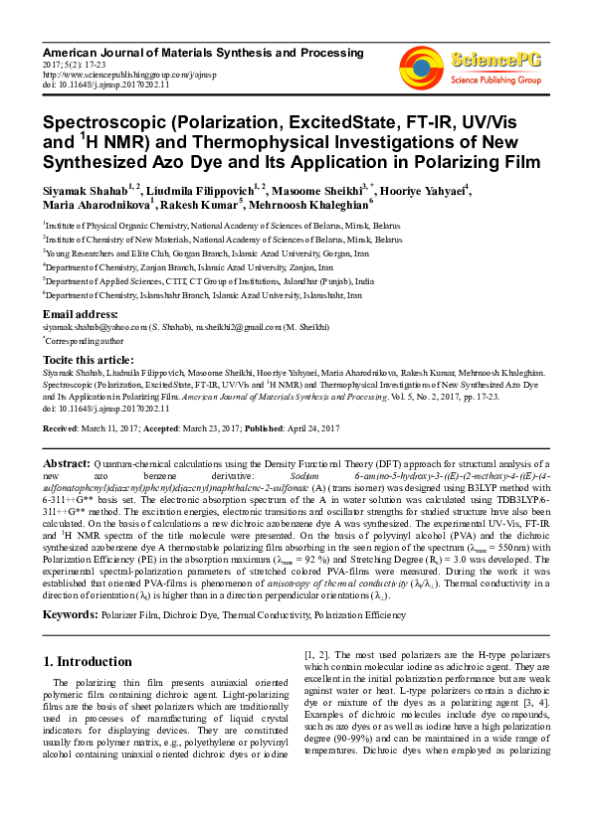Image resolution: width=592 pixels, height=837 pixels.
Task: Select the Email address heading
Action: [83, 314]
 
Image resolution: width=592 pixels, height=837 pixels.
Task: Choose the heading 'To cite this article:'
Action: [87, 360]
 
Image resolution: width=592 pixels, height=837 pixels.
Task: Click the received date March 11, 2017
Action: [122, 427]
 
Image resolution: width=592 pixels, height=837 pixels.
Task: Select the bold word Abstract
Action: [67, 464]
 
